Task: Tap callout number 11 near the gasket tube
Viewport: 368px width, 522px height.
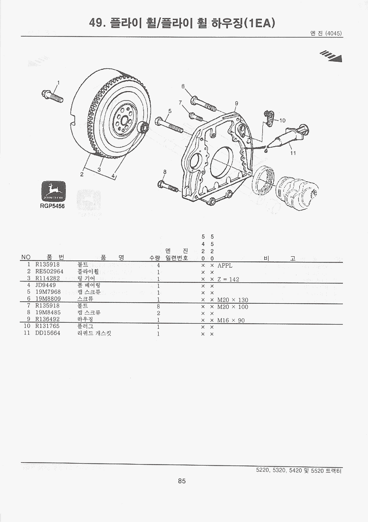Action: [293, 153]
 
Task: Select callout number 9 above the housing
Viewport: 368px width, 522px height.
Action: [236, 103]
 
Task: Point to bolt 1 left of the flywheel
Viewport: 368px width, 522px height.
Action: [52, 97]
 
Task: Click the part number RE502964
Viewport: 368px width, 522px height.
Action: [49, 272]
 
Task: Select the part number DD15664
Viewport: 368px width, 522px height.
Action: [48, 334]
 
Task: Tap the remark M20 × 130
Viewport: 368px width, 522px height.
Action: [233, 300]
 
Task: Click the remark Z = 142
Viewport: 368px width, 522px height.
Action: [228, 279]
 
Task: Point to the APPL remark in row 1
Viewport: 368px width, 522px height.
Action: [225, 265]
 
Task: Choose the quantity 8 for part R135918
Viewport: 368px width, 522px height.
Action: [158, 307]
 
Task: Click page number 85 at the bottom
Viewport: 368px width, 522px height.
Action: [182, 481]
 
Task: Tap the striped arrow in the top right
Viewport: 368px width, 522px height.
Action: [331, 56]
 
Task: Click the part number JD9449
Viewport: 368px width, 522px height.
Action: [45, 286]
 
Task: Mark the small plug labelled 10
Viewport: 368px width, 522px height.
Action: [269, 118]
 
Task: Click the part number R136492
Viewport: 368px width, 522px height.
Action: [47, 320]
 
